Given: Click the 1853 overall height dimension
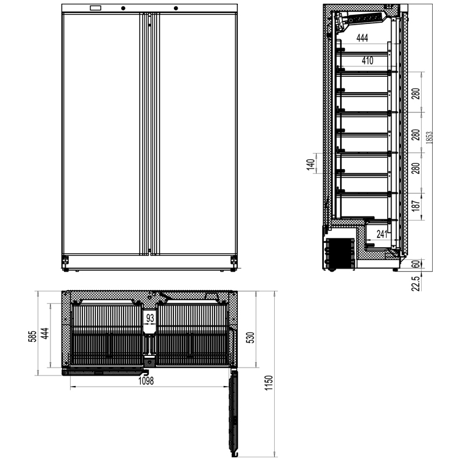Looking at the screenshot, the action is [430, 137].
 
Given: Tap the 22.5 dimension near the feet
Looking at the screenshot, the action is [416, 283].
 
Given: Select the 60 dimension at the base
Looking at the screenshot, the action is [416, 264].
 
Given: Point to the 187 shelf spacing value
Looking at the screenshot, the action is [416, 206].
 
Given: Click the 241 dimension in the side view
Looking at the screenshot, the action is [382, 234].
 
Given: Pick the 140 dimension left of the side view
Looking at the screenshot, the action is [310, 166].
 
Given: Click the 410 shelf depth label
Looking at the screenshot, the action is [368, 61].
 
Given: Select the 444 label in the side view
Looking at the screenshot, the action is [362, 37].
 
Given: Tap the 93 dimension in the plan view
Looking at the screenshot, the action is [150, 318].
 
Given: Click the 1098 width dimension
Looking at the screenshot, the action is [146, 381].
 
